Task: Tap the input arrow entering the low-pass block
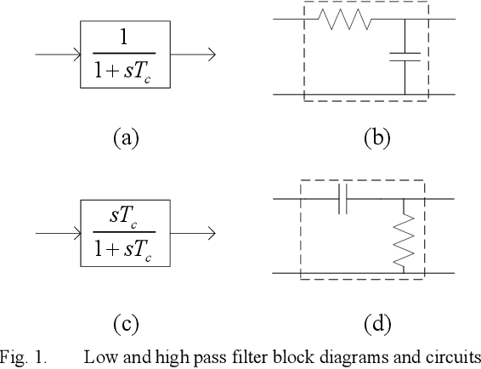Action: [57, 55]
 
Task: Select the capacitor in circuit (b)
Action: [405, 56]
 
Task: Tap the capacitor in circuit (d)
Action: [342, 199]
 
